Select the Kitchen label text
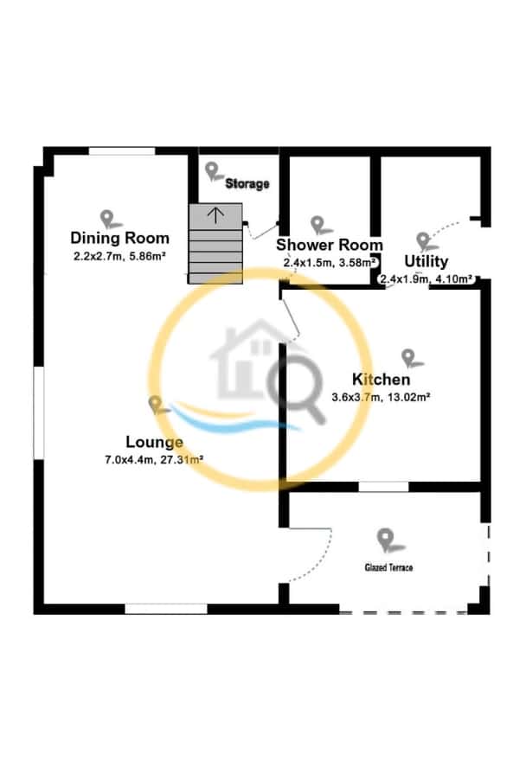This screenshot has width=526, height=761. point(381,380)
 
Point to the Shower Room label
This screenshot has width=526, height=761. point(330,246)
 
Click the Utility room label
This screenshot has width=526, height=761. point(427,261)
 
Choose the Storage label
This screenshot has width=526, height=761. point(247,184)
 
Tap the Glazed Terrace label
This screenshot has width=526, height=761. point(388,567)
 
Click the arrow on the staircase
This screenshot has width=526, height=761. point(215,213)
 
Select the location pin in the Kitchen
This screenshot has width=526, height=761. point(407,356)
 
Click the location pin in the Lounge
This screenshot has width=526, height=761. point(156,404)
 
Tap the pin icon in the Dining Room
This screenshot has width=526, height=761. point(107,218)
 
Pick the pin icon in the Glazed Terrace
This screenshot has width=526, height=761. point(386,540)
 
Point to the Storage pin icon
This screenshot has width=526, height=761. point(213,170)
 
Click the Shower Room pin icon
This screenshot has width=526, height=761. point(319,225)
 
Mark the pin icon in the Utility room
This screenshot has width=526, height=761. point(422,241)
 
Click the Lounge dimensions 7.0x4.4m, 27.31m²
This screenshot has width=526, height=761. point(154,460)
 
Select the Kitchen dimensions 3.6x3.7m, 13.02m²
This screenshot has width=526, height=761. point(381,398)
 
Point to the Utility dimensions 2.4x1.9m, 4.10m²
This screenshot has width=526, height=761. point(426,278)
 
